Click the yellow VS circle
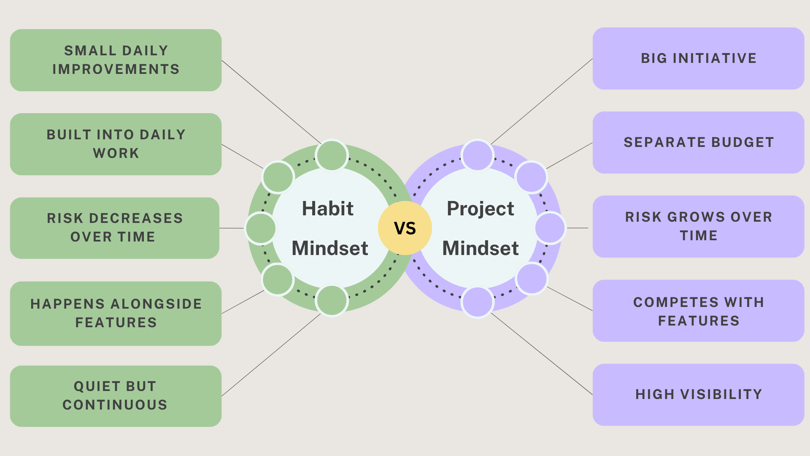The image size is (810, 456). pos(405,228)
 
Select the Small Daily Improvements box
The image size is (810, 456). pos(116,60)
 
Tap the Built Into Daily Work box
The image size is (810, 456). pos(116,144)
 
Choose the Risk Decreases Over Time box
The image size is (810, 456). pos(115,228)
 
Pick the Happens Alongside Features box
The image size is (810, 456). pos(116,313)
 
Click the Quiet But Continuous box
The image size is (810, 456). pos(116,396)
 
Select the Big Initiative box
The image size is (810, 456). pos(698,58)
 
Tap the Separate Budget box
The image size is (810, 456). pos(698,142)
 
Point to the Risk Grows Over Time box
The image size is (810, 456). pos(698,226)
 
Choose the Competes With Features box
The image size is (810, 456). pos(698,311)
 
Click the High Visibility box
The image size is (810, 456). pos(698,394)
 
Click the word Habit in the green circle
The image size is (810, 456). pos(328,209)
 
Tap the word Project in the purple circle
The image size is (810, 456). pos(480,209)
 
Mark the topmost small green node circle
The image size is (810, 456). pos(332,155)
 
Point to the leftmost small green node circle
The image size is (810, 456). pos(261,228)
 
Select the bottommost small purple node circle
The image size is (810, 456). pos(477,301)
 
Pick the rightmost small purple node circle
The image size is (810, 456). pos(550,228)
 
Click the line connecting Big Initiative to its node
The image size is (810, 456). pos(542,101)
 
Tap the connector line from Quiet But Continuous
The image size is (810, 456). pos(271,355)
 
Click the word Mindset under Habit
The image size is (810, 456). pos(330,248)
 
